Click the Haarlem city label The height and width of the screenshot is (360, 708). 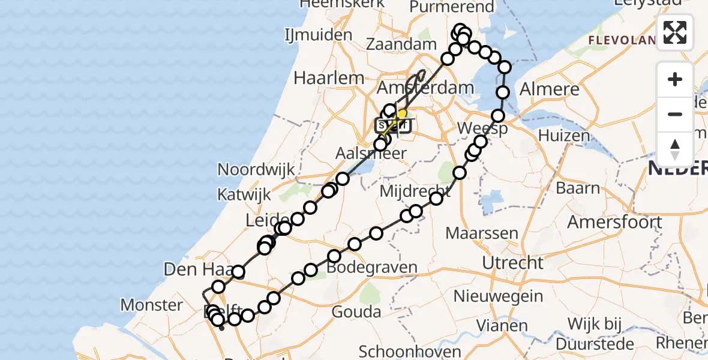(329, 77)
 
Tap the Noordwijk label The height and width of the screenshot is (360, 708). (256, 169)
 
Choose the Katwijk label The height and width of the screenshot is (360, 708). (244, 194)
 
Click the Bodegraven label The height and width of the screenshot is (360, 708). (373, 267)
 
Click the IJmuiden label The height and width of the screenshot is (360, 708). (319, 35)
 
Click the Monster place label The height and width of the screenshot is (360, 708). (151, 305)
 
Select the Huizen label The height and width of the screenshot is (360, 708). (564, 136)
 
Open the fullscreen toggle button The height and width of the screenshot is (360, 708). (675, 32)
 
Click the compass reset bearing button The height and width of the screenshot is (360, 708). (675, 149)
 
